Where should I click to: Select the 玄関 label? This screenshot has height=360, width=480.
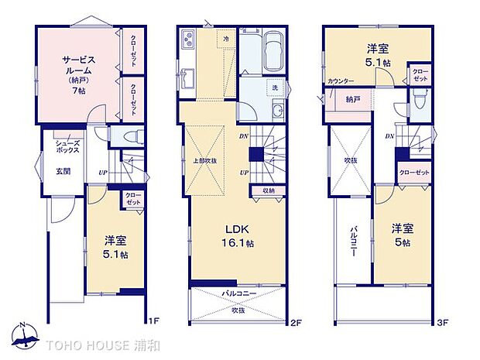(x=63, y=171)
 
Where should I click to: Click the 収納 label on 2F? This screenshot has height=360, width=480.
(x=268, y=190)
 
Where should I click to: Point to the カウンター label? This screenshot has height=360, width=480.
(x=341, y=81)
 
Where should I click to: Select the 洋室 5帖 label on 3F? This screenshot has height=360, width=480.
(x=401, y=235)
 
